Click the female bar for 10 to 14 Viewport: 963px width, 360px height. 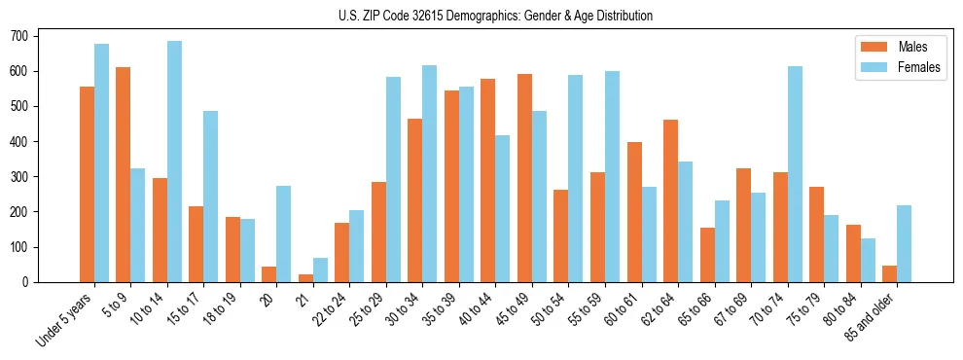pos(174,162)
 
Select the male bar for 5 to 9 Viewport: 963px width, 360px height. pos(123,174)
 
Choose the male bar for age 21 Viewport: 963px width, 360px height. pos(305,278)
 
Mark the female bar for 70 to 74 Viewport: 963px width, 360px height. pos(795,174)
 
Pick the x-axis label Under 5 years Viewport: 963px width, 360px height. pos(66,319)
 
